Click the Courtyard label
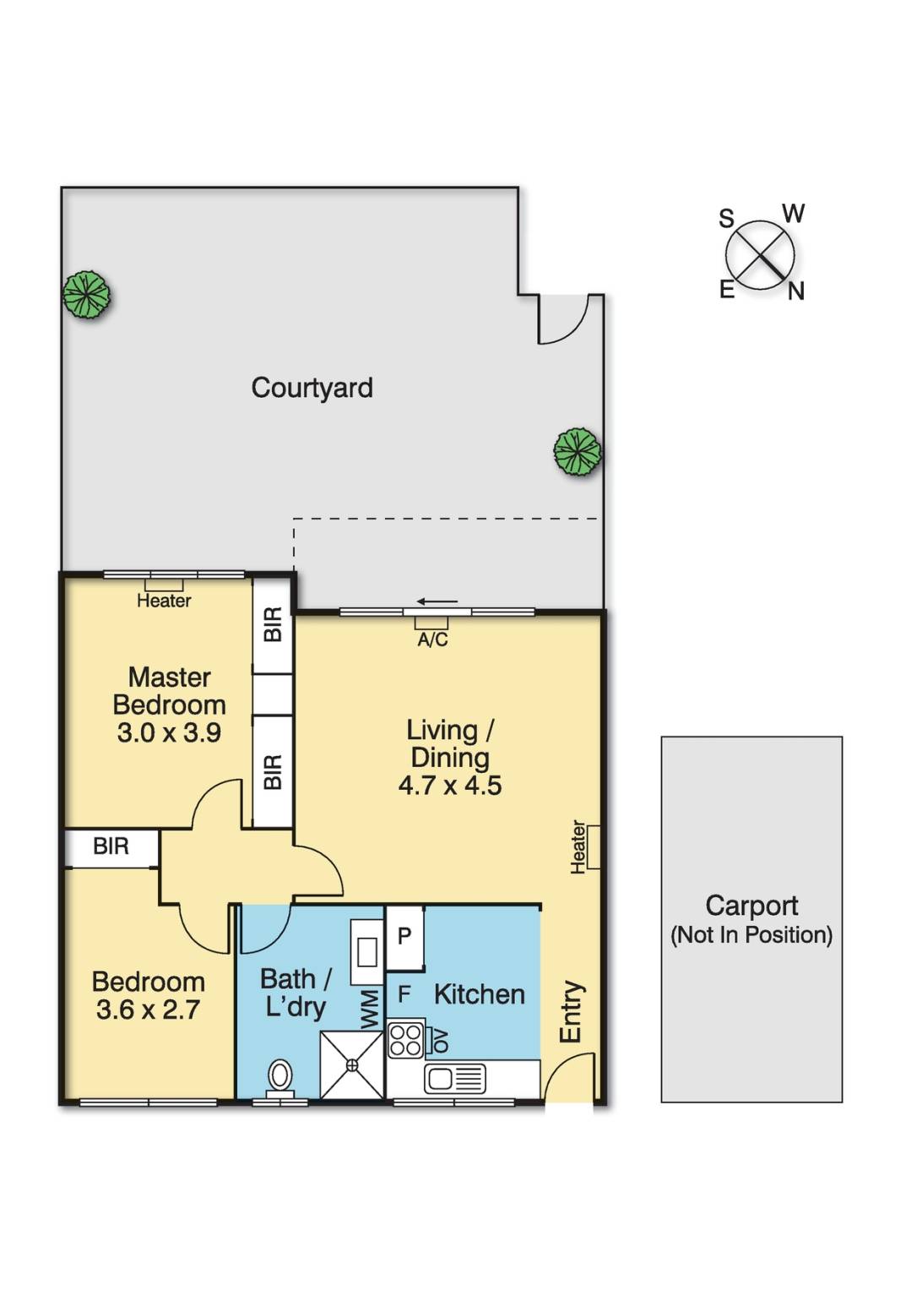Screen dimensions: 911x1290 [x=312, y=389]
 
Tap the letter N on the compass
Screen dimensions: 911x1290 [x=795, y=292]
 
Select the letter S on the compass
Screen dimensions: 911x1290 [x=726, y=219]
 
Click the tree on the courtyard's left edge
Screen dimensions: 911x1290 [x=86, y=294]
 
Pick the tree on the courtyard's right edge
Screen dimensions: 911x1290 [x=578, y=452]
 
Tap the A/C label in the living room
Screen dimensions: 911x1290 [x=432, y=640]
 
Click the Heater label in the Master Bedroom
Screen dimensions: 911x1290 [x=164, y=601]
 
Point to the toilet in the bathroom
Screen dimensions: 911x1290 [x=280, y=1079]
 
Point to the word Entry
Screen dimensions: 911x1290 [x=572, y=1011]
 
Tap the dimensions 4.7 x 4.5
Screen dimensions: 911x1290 [x=450, y=786]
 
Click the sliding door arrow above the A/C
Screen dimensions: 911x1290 [x=437, y=601]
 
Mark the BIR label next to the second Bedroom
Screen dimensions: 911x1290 [x=111, y=846]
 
